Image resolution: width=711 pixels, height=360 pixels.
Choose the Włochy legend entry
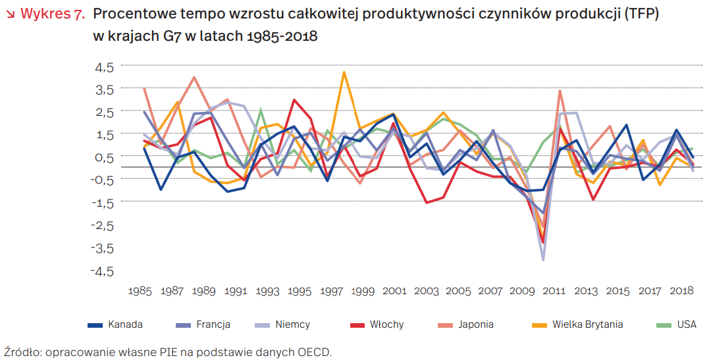(386, 324)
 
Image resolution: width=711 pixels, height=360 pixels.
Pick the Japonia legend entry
(477, 324)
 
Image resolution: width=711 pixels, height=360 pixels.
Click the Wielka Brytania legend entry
(587, 324)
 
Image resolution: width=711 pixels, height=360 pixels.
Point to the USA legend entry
(686, 324)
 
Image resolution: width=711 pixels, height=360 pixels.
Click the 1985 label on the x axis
(140, 290)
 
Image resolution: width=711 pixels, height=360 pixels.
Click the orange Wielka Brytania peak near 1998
(344, 72)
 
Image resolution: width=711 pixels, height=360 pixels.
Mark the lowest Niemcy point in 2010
(543, 259)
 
